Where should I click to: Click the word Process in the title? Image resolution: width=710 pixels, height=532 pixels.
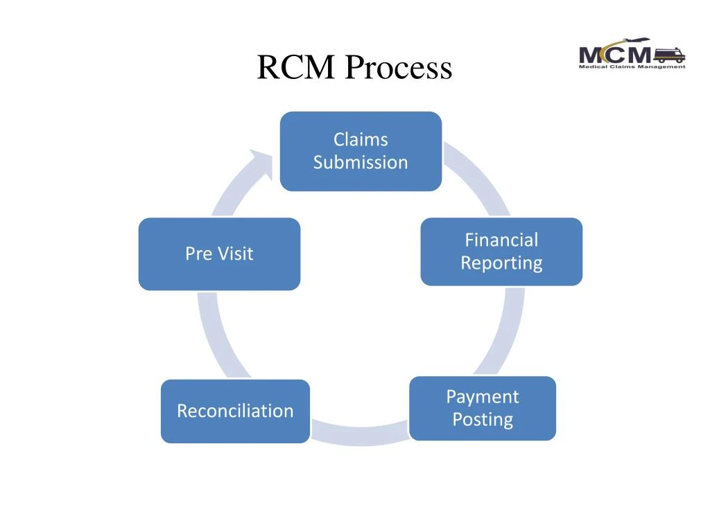(399, 68)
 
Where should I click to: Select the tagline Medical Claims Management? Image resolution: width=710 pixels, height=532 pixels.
(632, 66)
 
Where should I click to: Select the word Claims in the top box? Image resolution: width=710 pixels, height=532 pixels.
(361, 139)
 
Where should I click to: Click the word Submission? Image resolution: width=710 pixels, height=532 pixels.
(361, 163)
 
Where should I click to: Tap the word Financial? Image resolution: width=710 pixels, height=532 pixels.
(501, 240)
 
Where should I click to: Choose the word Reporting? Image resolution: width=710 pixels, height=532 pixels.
(501, 263)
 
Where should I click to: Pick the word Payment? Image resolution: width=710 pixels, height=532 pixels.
(483, 397)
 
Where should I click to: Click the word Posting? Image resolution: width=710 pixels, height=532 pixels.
(483, 420)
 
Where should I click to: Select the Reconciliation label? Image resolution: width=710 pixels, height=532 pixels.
(235, 411)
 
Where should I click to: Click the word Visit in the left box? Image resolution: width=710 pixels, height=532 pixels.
(235, 254)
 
